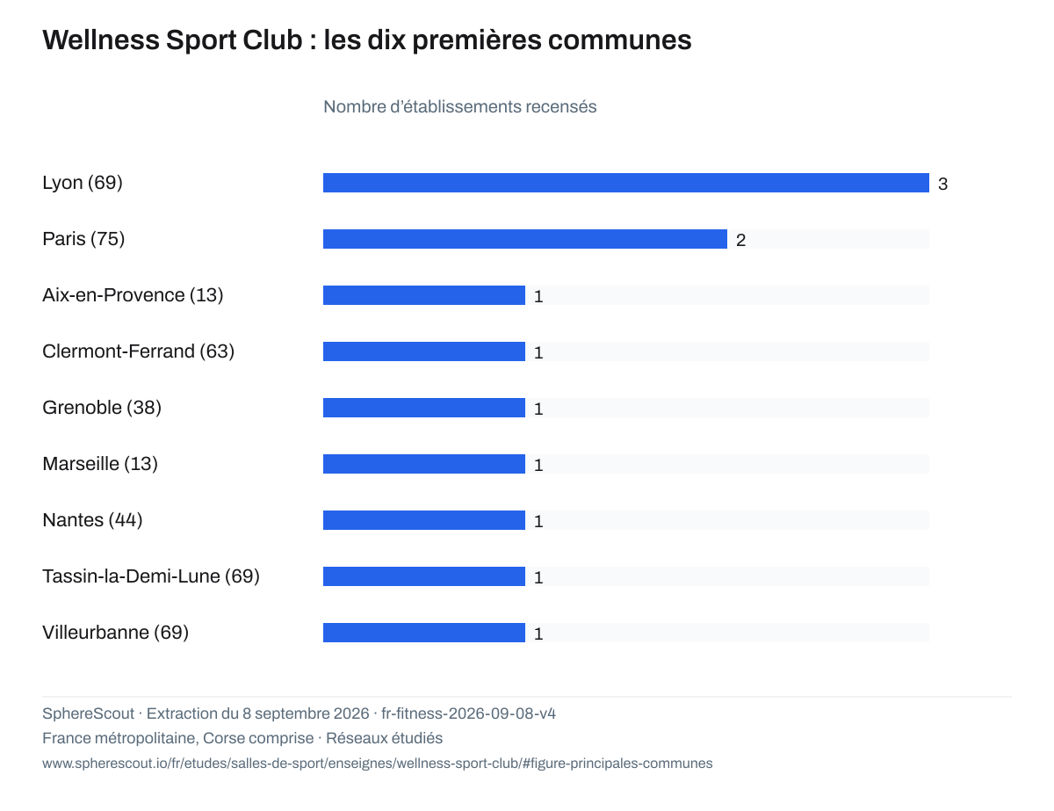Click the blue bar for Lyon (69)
pos(625,183)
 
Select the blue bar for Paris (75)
pos(525,239)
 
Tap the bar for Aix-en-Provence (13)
pos(424,295)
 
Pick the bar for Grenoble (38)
pos(424,408)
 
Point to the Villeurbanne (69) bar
pos(424,633)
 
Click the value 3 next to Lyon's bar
pos(942,184)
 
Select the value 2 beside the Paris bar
pos(740,240)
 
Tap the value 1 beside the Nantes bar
pos(538,521)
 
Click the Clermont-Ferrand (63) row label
pos(138,351)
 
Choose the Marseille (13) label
pos(100,464)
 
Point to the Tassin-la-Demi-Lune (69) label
pos(151,576)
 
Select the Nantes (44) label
pos(92,520)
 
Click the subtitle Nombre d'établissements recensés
pos(460,106)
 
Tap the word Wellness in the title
pos(101,40)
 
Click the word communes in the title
pos(619,40)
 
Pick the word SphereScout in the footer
pos(89,713)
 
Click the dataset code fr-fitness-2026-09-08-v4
pos(468,713)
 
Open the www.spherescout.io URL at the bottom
pos(378,764)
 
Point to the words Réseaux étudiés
pos(384,738)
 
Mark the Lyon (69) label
pos(83,183)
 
